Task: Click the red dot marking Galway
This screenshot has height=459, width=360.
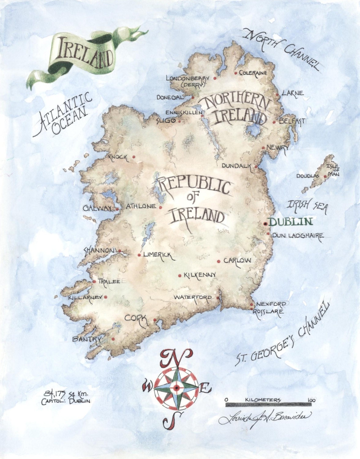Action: point(117,209)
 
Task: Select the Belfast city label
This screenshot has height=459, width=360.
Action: point(292,121)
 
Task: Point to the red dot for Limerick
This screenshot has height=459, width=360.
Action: point(139,255)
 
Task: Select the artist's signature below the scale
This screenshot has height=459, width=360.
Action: point(265,416)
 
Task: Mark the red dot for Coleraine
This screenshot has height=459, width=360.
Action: point(236,73)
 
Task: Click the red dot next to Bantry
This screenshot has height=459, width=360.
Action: point(113,339)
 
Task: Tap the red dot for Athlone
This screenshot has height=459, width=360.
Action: point(160,207)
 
